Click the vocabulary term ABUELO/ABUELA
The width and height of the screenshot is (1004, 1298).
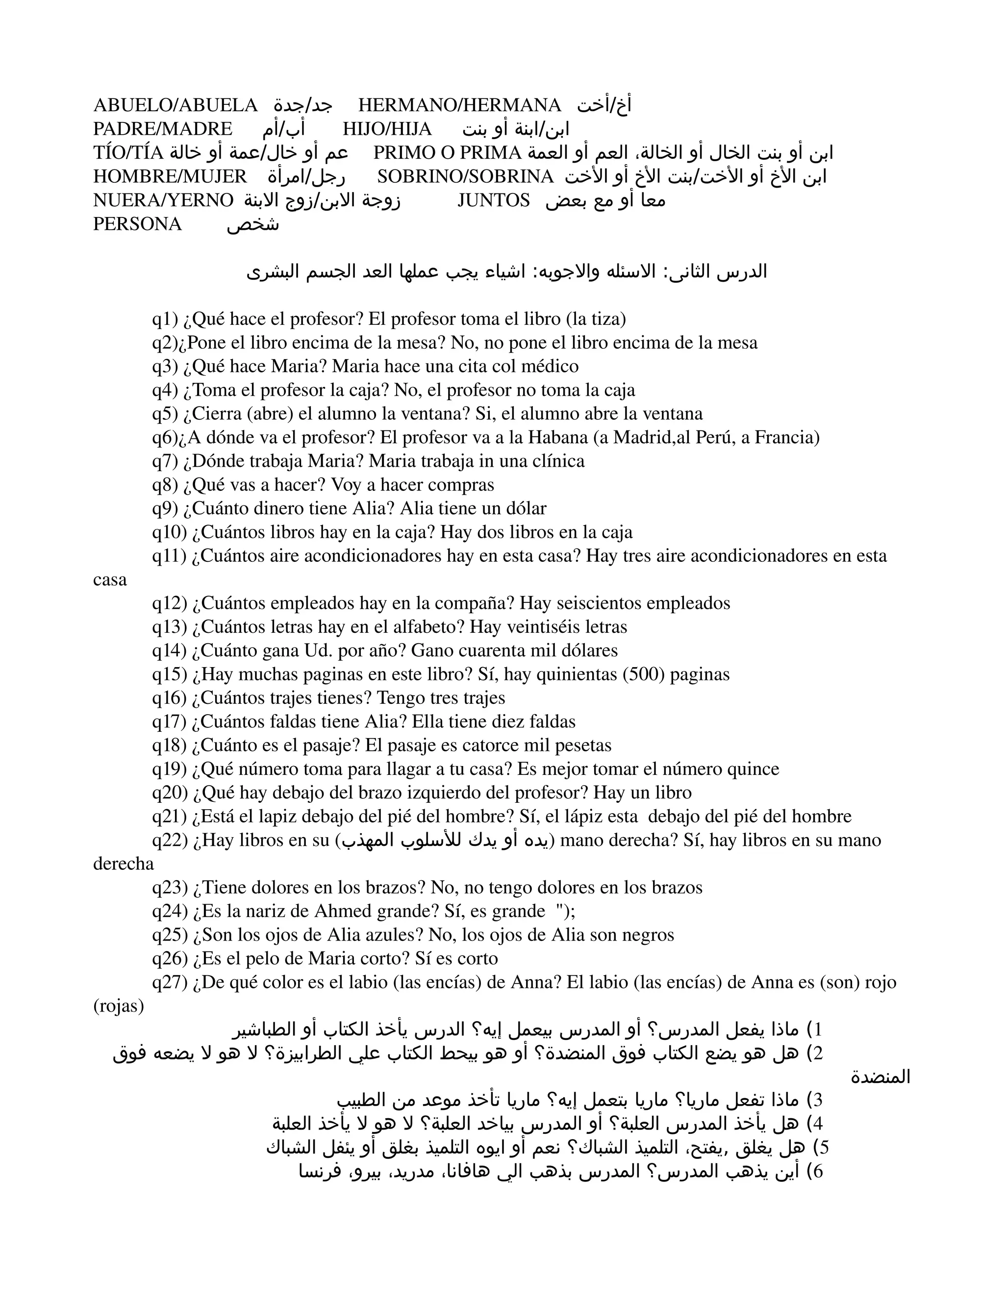(176, 105)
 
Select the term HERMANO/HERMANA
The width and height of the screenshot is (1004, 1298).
(460, 105)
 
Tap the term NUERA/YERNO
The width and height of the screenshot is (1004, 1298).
(163, 201)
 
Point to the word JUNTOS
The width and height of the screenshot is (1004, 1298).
(494, 201)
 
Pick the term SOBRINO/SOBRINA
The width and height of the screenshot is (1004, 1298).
(466, 176)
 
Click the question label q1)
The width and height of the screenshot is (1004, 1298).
(165, 320)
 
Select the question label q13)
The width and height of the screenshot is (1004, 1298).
(170, 627)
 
